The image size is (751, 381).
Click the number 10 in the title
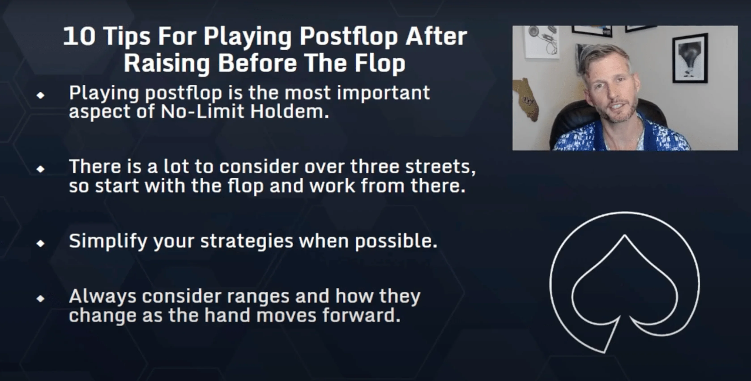click(x=79, y=37)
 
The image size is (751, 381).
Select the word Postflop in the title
click(x=348, y=37)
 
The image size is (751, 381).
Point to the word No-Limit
click(x=202, y=112)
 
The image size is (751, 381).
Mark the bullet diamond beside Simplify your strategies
click(x=41, y=243)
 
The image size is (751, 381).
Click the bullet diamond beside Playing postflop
click(x=41, y=95)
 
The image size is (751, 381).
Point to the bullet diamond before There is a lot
click(x=41, y=169)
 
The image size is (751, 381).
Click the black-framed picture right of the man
click(x=689, y=58)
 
